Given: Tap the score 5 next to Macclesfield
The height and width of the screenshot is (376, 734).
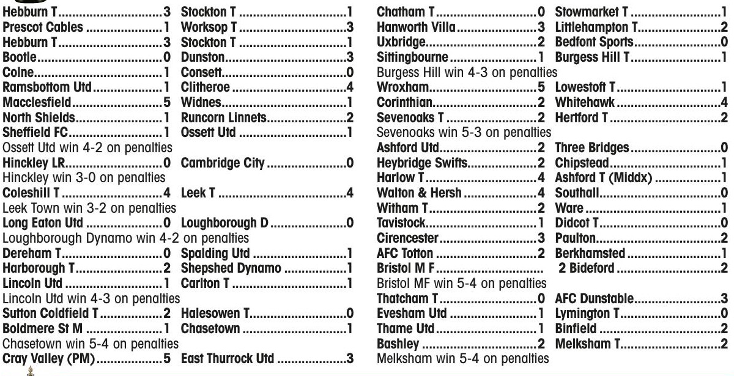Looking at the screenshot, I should pyautogui.click(x=166, y=102).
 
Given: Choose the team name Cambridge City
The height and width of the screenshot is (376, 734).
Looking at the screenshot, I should pyautogui.click(x=223, y=163).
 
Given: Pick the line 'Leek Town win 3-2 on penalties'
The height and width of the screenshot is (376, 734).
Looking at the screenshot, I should pyautogui.click(x=89, y=207).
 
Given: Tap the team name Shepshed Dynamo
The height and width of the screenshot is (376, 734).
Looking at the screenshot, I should pyautogui.click(x=231, y=268).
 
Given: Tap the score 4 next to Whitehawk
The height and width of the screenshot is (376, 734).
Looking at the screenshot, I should pyautogui.click(x=724, y=102).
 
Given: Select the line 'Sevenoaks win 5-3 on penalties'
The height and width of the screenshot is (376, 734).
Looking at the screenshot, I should pyautogui.click(x=464, y=133).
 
